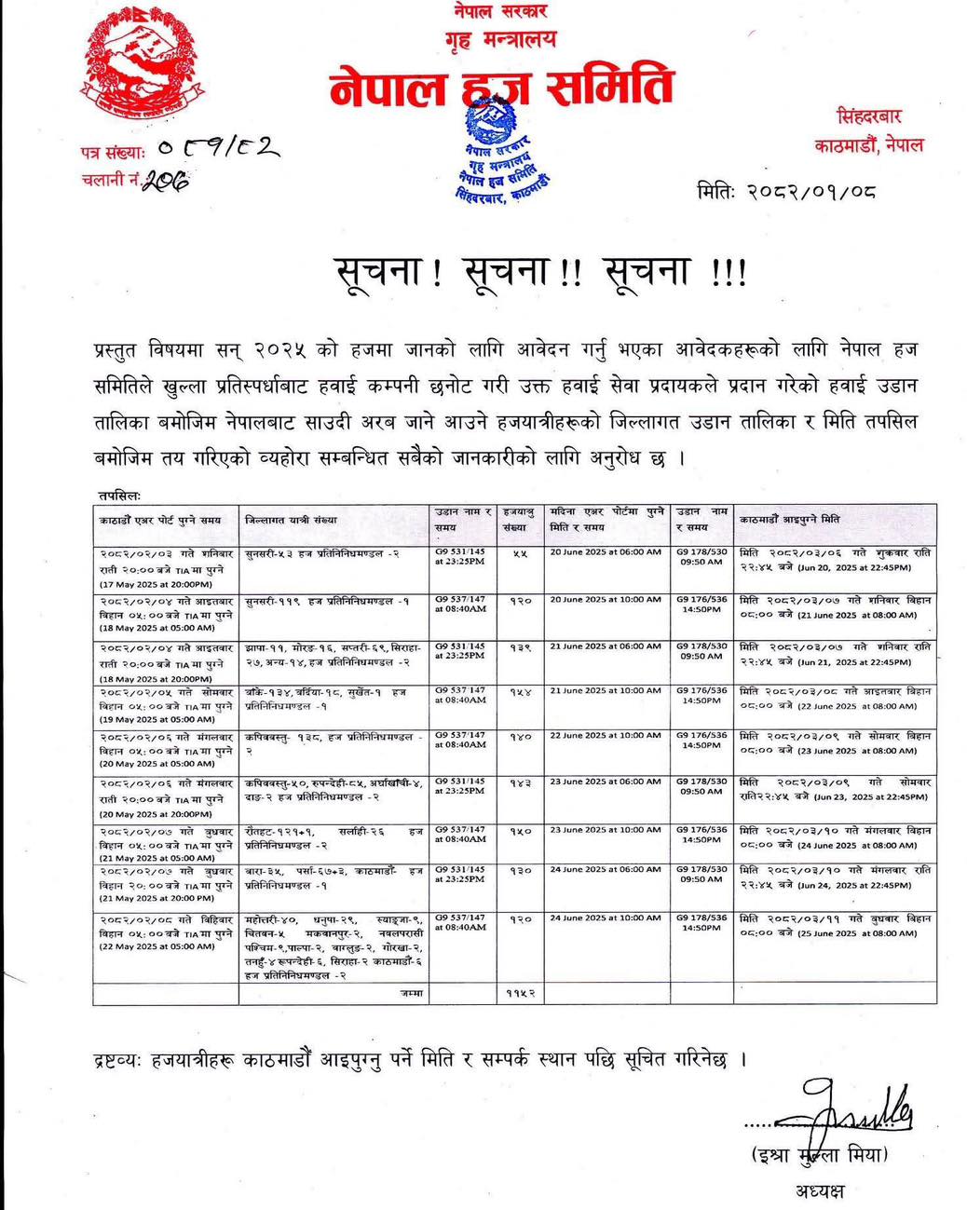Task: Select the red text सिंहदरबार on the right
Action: (869, 117)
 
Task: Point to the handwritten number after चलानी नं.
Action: (165, 182)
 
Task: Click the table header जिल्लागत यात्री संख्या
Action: (290, 520)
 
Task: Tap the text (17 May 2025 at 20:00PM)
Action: (156, 584)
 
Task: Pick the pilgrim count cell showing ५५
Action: (521, 554)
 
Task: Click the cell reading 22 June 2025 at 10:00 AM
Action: (606, 735)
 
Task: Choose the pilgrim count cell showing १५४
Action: (521, 692)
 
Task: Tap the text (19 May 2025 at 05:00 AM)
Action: (157, 719)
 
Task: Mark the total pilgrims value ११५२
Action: (521, 995)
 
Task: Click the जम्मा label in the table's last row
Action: (411, 994)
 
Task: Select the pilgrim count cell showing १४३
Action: (521, 783)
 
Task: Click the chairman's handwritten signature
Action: (852, 1108)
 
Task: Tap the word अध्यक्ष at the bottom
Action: (820, 1190)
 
